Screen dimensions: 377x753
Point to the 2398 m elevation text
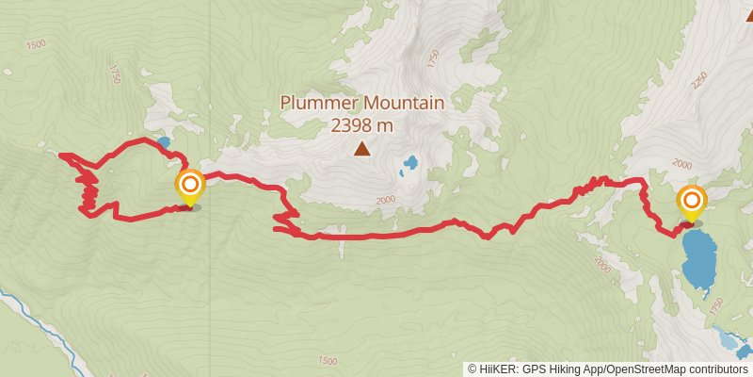pyautogui.click(x=361, y=124)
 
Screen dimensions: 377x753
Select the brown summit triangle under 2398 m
pyautogui.click(x=361, y=148)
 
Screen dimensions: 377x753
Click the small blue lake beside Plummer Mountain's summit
pyautogui.click(x=410, y=166)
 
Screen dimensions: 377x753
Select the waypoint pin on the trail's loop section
pyautogui.click(x=189, y=187)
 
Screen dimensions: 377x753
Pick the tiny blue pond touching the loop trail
pyautogui.click(x=164, y=142)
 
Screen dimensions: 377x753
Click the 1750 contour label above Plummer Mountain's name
pyautogui.click(x=432, y=59)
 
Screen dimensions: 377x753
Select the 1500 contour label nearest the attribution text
pyautogui.click(x=327, y=361)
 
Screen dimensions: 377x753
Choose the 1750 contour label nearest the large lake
pyautogui.click(x=719, y=308)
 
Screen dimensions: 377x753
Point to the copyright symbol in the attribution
pyautogui.click(x=473, y=369)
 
